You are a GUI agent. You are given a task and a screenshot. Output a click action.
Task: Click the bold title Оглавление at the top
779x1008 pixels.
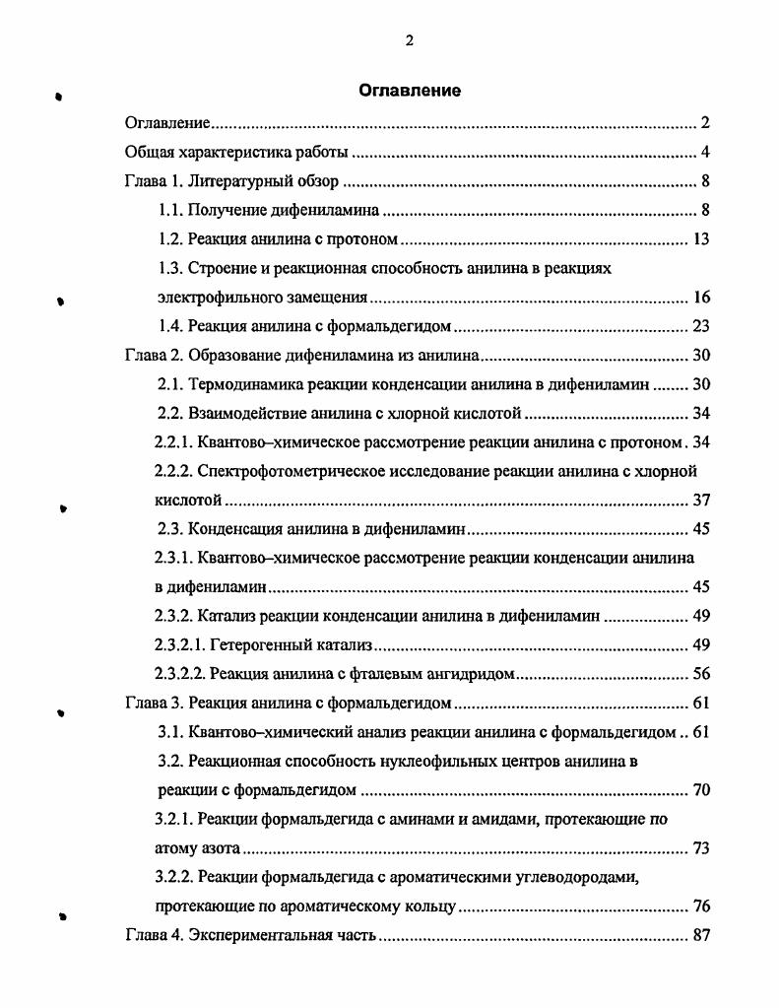[x=409, y=91]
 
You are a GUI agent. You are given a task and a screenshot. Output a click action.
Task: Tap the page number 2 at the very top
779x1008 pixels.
[x=409, y=40]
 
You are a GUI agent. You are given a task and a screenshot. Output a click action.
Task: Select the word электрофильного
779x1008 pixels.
[x=208, y=297]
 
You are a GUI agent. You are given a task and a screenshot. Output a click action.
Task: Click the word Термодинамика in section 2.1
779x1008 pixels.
[x=237, y=384]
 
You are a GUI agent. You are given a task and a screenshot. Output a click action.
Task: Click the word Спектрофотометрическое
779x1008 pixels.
[x=287, y=471]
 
